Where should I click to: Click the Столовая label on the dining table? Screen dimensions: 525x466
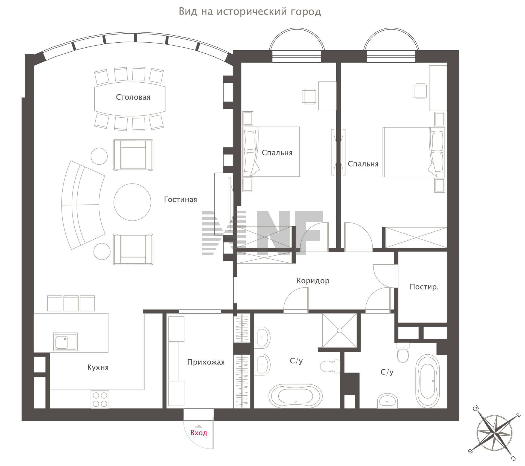coord(133,97)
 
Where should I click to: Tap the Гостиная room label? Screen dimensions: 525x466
coord(180,199)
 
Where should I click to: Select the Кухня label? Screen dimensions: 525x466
coord(98,367)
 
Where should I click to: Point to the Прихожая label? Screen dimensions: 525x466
coord(206,362)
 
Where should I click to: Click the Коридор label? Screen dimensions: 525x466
coord(313,281)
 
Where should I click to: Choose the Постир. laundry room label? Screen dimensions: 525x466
coord(424,287)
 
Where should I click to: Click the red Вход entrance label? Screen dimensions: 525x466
coord(199,433)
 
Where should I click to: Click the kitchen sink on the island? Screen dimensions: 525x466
coord(66,341)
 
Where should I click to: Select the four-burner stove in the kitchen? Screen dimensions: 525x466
coord(100,400)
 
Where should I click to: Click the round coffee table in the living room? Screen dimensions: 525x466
coord(132,202)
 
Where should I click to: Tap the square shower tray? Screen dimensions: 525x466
coord(340,331)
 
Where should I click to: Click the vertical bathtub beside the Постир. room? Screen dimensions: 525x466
coord(427,381)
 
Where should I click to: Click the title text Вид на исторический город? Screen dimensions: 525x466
coord(250,12)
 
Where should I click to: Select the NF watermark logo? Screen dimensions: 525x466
coord(262,233)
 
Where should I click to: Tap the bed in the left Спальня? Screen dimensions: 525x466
coord(271,152)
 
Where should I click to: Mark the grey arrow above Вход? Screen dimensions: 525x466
coord(199,426)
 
